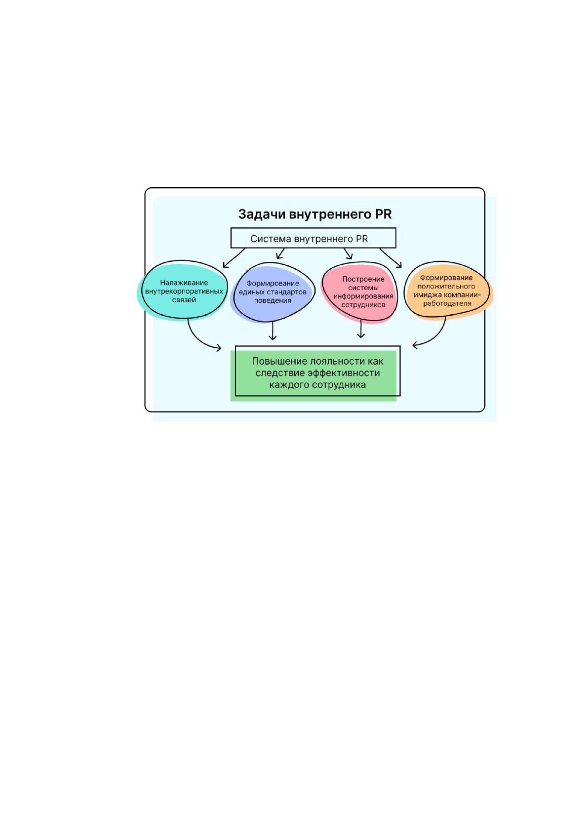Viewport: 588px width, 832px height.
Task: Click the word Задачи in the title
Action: point(262,215)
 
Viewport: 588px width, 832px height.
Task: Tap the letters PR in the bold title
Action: point(384,214)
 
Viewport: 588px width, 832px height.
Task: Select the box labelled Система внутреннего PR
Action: point(314,238)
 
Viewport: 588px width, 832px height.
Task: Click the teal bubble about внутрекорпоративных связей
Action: point(183,290)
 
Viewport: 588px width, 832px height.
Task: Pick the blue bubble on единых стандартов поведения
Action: point(273,292)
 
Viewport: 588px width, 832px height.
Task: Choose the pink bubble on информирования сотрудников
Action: point(359,292)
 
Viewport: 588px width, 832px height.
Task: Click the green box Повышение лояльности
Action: point(315,374)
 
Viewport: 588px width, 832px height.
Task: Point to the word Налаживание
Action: point(184,283)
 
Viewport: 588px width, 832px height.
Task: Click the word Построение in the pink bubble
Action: point(363,279)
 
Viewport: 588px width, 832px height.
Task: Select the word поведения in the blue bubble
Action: point(273,300)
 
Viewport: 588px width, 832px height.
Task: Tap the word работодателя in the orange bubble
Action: point(447,303)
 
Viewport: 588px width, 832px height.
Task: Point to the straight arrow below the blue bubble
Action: point(273,331)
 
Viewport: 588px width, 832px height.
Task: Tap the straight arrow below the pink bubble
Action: point(361,329)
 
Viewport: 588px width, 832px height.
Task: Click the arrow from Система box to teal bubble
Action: point(234,258)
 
